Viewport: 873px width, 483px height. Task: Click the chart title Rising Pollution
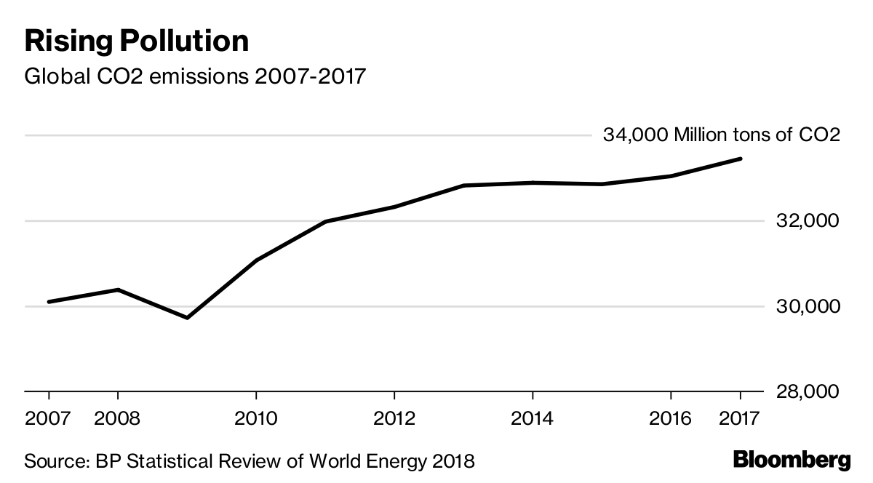point(137,41)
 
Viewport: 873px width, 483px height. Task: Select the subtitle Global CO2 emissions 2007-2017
point(194,76)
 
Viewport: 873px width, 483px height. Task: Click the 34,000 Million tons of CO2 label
point(721,135)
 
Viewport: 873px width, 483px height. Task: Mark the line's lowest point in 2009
point(187,318)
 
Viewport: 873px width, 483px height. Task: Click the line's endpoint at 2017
point(740,159)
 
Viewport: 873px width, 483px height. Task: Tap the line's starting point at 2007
point(49,301)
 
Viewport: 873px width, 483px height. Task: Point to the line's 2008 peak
point(118,290)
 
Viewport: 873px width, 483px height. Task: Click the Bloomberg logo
point(792,460)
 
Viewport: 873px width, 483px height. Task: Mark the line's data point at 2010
point(256,260)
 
